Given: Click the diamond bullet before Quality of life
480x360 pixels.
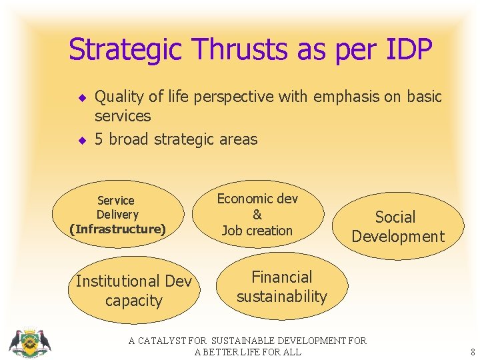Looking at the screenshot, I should [x=82, y=97].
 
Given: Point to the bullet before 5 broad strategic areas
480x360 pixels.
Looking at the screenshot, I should [x=82, y=140].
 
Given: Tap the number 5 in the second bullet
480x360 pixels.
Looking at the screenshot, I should [x=99, y=139].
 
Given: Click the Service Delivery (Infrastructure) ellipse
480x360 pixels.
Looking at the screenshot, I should [x=118, y=215].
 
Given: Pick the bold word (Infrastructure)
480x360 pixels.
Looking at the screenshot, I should [x=118, y=229].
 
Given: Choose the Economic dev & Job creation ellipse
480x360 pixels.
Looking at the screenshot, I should [x=257, y=215].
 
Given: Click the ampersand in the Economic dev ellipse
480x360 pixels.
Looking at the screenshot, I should [x=257, y=215].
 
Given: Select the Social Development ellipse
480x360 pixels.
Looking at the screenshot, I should [x=397, y=227].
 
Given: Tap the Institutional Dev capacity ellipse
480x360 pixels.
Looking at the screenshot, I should [x=134, y=291].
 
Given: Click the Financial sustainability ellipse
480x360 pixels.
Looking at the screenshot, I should [x=281, y=287].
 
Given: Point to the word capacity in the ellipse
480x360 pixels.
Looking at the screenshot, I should [x=134, y=301].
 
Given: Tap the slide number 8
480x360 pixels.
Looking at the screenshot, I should [x=472, y=352].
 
